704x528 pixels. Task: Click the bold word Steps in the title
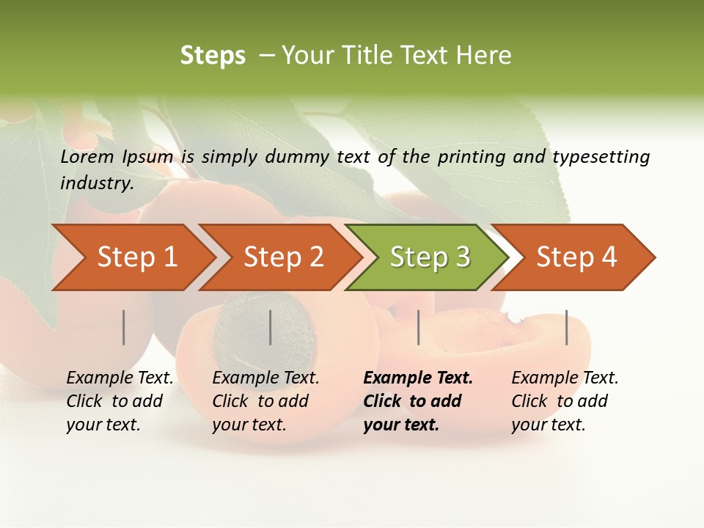click(x=213, y=56)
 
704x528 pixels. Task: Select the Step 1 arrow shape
click(x=132, y=257)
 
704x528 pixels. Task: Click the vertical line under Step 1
click(x=124, y=327)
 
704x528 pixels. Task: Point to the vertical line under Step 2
click(x=271, y=327)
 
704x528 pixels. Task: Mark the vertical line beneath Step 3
click(x=418, y=327)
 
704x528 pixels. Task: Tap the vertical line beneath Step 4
click(x=566, y=327)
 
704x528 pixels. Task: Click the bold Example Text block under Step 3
click(x=418, y=401)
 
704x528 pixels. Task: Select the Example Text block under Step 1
click(x=120, y=401)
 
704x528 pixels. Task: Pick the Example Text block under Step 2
click(x=265, y=401)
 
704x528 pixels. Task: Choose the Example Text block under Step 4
click(x=565, y=401)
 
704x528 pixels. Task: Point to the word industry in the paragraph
click(x=97, y=183)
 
